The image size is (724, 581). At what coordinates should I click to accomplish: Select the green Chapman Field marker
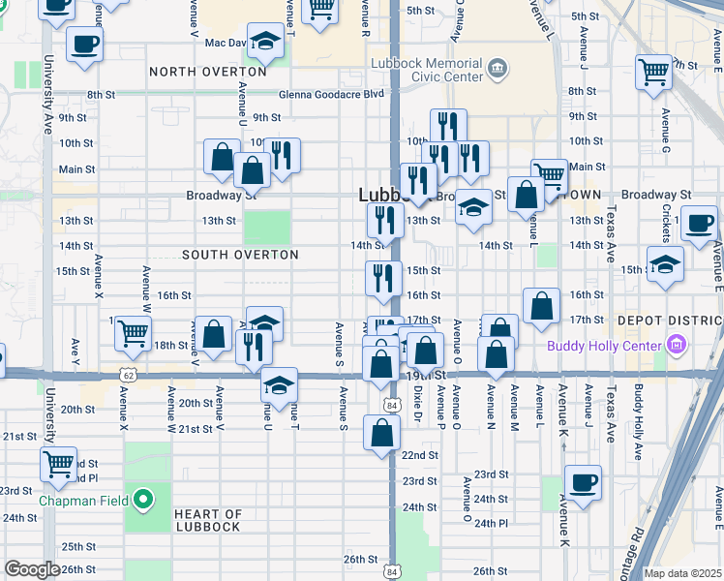(143, 501)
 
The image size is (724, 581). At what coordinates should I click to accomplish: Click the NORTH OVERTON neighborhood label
(208, 72)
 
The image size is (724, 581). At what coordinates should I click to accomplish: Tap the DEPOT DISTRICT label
(675, 320)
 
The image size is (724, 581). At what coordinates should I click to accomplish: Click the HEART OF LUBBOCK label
(208, 520)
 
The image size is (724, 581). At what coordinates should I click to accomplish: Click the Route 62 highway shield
(128, 372)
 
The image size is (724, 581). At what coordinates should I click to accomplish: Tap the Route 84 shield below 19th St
(390, 405)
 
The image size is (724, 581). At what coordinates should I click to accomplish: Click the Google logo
(32, 569)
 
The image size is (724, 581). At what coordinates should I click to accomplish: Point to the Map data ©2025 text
(682, 573)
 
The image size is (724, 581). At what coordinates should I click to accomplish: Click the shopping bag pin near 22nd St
(381, 431)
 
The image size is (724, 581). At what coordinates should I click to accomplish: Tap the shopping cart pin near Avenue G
(654, 71)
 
